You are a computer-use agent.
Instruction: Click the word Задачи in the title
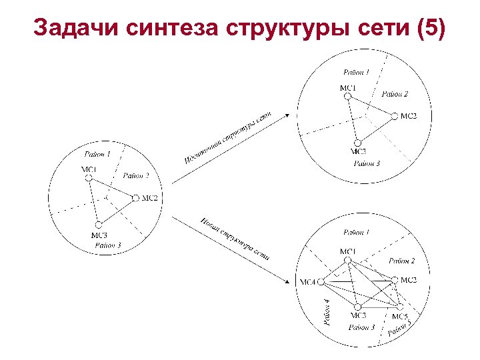tap(68, 28)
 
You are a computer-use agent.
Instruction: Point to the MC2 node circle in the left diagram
tap(135, 197)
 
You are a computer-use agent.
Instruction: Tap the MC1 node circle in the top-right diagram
tap(347, 97)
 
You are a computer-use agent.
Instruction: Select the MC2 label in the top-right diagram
tap(409, 116)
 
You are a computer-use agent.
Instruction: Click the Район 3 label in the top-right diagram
tap(367, 163)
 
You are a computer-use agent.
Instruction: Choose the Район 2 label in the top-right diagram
tap(395, 94)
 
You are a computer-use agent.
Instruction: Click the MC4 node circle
tap(320, 282)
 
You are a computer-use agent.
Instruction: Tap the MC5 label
tap(399, 316)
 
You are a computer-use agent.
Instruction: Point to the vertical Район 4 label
tap(327, 312)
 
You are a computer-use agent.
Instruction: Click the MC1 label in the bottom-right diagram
tap(347, 251)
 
